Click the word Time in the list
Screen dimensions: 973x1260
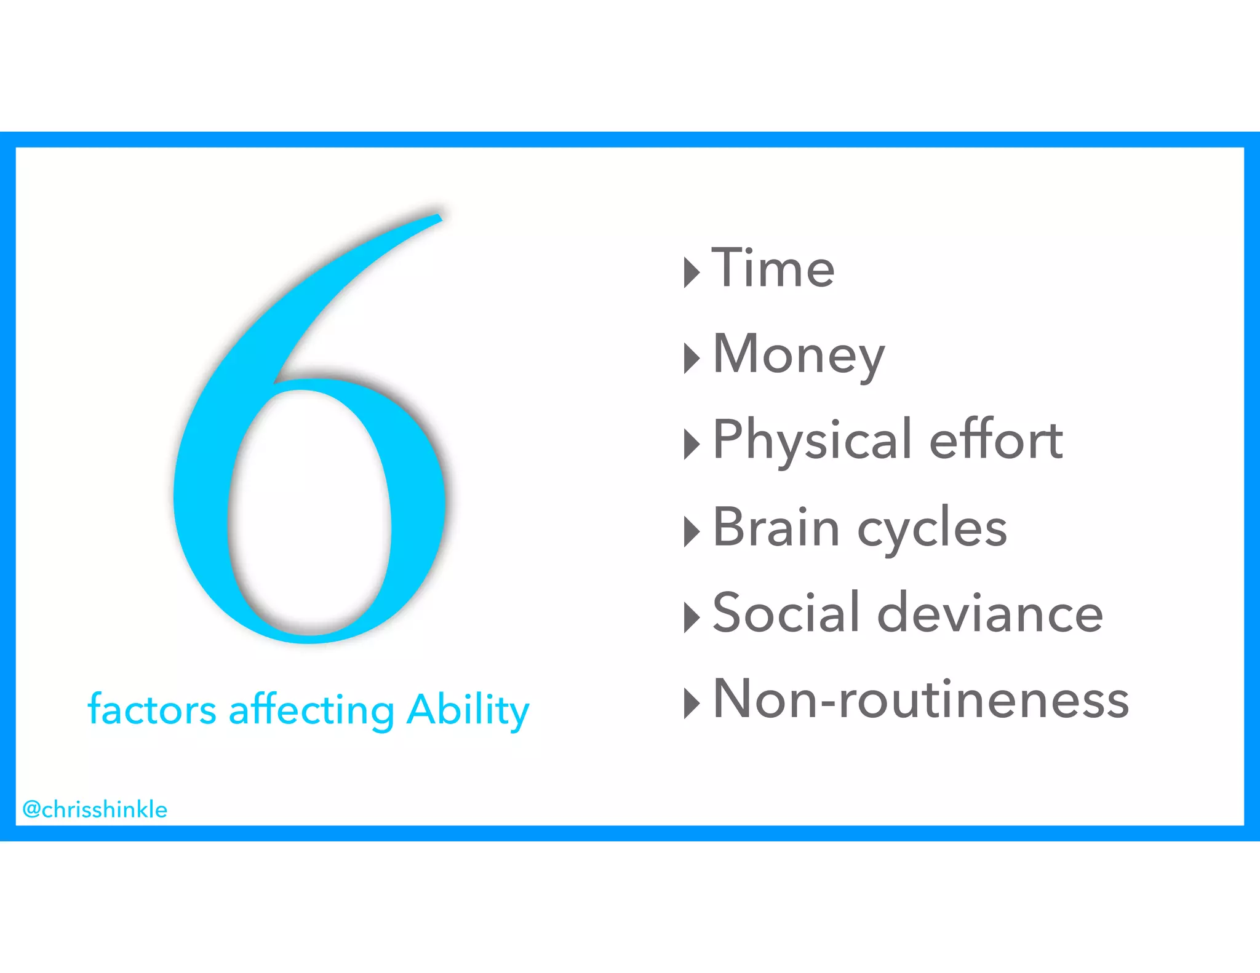coord(773,268)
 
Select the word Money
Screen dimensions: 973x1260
coord(799,355)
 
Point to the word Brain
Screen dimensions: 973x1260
coord(776,527)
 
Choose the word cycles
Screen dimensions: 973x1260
coord(932,530)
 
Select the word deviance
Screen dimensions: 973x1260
coord(990,613)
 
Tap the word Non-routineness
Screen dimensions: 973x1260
coord(921,699)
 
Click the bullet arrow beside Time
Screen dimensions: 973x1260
coord(692,272)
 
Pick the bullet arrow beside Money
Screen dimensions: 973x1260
coord(692,358)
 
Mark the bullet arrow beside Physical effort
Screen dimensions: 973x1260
coord(692,444)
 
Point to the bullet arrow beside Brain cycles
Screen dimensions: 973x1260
coord(692,531)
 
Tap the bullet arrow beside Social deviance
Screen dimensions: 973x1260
coord(692,617)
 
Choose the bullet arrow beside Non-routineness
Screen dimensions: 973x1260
coord(692,703)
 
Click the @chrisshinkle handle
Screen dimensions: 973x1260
coord(95,809)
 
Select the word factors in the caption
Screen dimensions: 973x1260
coord(152,710)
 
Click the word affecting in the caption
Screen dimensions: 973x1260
coord(311,711)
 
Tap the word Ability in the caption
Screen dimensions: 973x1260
coord(468,711)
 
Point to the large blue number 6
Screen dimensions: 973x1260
coord(203,492)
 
